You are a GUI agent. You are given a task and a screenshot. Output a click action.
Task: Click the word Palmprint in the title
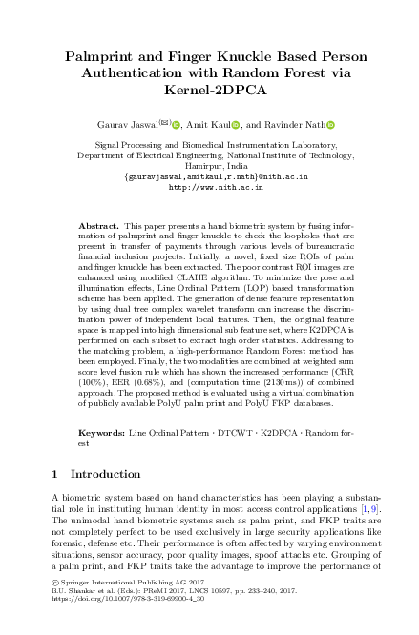tap(102, 57)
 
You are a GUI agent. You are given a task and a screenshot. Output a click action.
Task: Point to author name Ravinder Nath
tap(298, 125)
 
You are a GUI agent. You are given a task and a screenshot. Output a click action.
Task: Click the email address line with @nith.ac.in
tap(208, 176)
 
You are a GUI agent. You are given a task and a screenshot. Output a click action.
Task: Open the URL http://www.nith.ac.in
tap(208, 188)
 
